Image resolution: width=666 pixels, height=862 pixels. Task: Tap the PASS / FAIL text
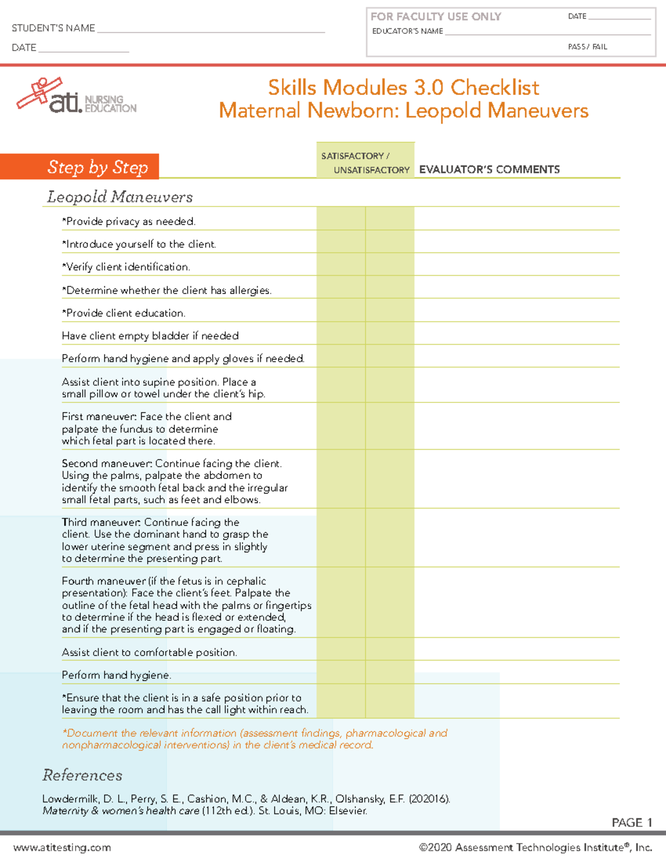[587, 47]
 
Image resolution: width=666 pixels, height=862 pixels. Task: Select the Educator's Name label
[407, 31]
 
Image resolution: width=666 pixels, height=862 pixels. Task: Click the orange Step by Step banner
[80, 167]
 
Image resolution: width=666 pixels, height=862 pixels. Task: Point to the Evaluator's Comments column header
[489, 170]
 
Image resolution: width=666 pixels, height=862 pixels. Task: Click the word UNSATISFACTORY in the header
[371, 170]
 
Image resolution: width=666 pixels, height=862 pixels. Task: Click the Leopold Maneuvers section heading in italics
[120, 197]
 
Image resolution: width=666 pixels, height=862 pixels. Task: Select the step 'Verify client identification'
[127, 267]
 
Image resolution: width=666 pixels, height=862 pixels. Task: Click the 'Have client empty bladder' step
[150, 336]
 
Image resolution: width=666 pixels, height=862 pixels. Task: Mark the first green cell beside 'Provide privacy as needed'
[341, 219]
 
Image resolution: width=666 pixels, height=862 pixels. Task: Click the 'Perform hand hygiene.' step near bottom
[117, 675]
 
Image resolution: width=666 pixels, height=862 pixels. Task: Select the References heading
[82, 775]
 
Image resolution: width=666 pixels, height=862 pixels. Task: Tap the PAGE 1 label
[631, 823]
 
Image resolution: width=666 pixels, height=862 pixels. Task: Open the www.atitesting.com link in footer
[62, 848]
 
